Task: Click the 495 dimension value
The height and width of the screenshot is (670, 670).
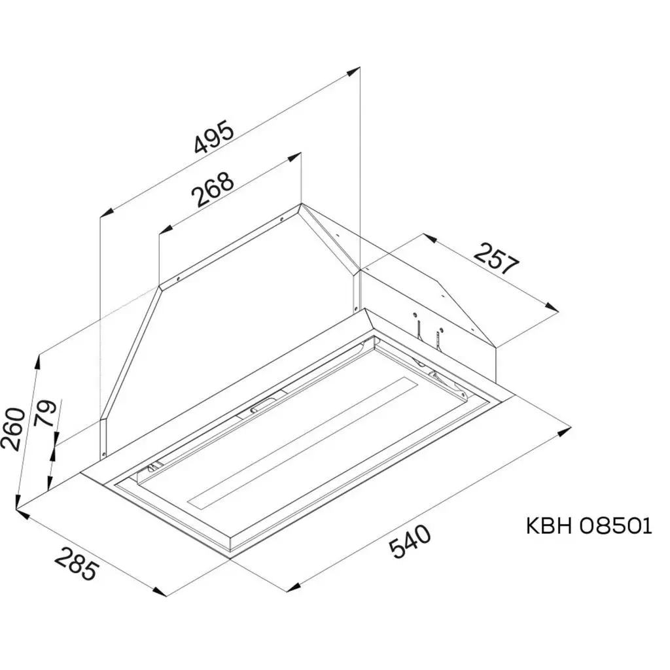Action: coord(215,139)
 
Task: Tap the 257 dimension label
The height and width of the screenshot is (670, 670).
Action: coord(497,258)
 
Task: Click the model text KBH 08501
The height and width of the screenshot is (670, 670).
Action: coord(589,526)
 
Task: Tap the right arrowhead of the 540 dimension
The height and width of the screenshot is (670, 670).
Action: coord(566,432)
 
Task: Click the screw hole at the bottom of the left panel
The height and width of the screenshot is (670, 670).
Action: coord(103,454)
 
